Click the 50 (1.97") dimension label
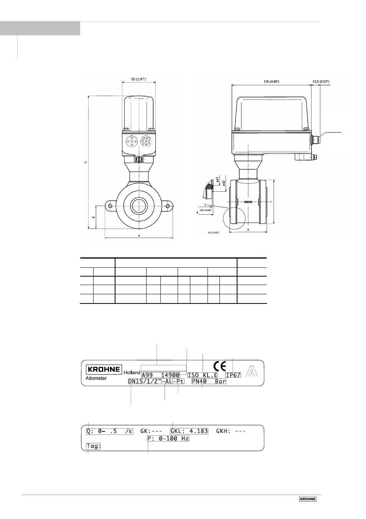pos(138,79)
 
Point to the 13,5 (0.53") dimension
pos(321,81)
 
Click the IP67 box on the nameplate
pos(233,375)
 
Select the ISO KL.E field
pos(203,375)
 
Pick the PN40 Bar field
pos(209,381)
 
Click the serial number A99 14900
pos(160,375)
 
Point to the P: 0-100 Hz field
pos(168,438)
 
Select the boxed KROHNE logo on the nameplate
pos(104,369)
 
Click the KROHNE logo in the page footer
pos(308,499)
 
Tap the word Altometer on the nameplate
pos(96,378)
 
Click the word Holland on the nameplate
pos(132,373)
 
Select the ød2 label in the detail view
pos(224,184)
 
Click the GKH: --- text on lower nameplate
pos(231,431)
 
